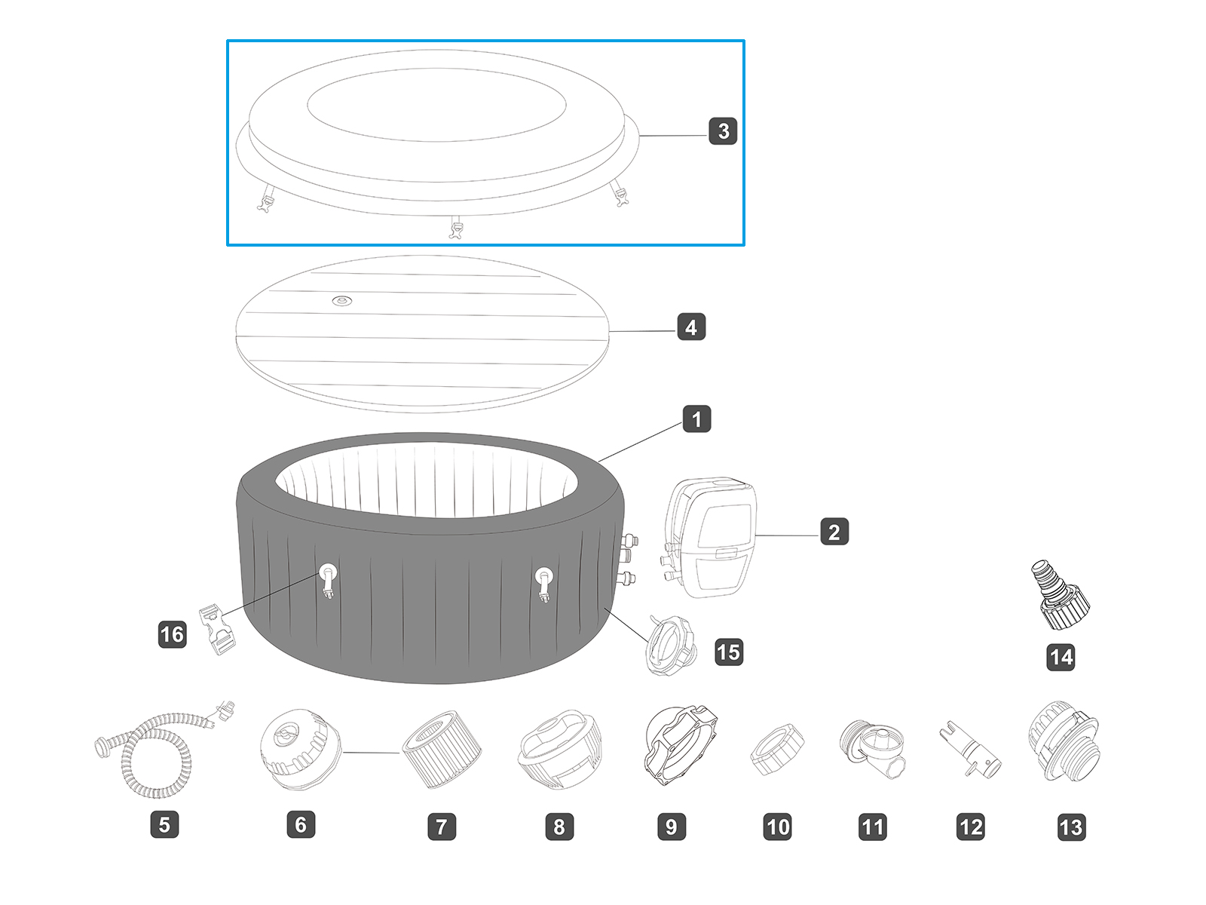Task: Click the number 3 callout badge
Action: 723,131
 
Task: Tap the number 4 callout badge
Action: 691,327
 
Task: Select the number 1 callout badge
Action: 696,419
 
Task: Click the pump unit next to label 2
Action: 712,537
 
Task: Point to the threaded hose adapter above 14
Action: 1060,596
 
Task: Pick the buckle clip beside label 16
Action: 217,630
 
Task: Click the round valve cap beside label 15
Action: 670,645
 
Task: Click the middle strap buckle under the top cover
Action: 455,228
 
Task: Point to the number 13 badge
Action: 1071,827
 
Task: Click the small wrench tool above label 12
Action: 970,751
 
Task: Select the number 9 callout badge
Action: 671,827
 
